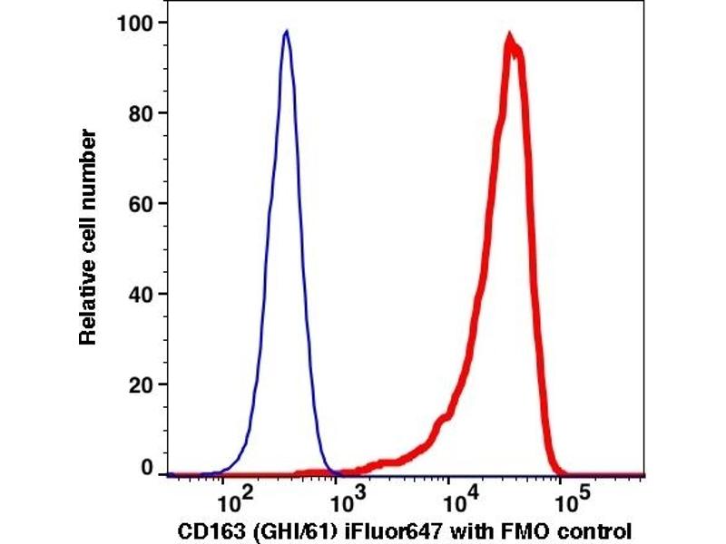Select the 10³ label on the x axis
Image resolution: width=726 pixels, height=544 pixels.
343,496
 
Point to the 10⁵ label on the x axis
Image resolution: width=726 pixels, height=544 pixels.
569,496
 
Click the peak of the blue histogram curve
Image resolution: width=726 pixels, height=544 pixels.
286,32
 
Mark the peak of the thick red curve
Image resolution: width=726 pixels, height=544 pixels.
511,38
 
